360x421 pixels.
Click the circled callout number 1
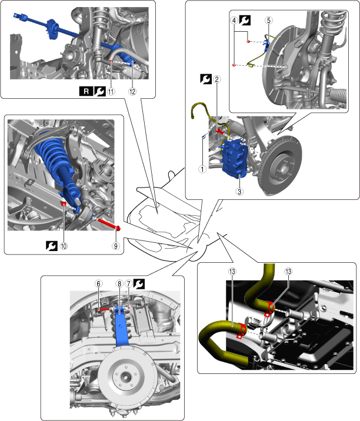tap(202, 169)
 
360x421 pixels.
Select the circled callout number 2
tap(217, 79)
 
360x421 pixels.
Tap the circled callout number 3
tap(239, 192)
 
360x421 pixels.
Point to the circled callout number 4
tap(234, 21)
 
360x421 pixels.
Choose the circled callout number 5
tap(269, 21)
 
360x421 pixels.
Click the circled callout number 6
tap(99, 284)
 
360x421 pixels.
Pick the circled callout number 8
tap(119, 284)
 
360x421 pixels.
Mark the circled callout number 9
tap(116, 246)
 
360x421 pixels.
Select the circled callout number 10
tap(64, 246)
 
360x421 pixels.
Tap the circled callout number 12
tap(132, 92)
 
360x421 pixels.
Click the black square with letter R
tap(86, 92)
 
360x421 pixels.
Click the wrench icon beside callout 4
tap(245, 21)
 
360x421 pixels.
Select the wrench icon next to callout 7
tap(139, 284)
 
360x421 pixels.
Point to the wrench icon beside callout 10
tap(52, 246)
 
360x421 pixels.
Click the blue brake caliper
tap(234, 158)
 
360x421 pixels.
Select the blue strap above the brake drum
tap(121, 328)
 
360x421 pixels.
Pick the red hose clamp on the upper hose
tap(270, 308)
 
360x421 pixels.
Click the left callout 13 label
tap(232, 272)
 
